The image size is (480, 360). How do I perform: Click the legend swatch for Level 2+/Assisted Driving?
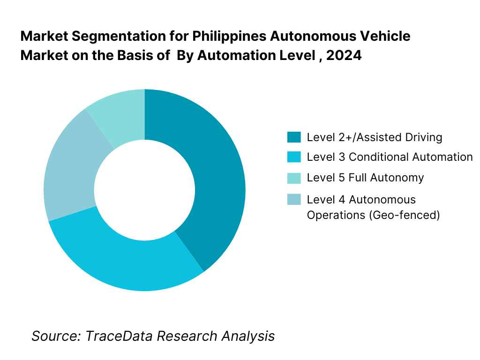[293, 137]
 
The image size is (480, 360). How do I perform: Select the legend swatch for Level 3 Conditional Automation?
[293, 157]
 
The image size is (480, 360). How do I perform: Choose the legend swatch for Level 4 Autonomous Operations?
[293, 200]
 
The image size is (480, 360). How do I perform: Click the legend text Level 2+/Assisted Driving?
[375, 137]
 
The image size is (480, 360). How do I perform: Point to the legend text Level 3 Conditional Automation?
[390, 157]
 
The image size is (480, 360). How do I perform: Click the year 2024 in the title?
[344, 55]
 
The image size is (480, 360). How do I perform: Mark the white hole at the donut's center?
[144, 190]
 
